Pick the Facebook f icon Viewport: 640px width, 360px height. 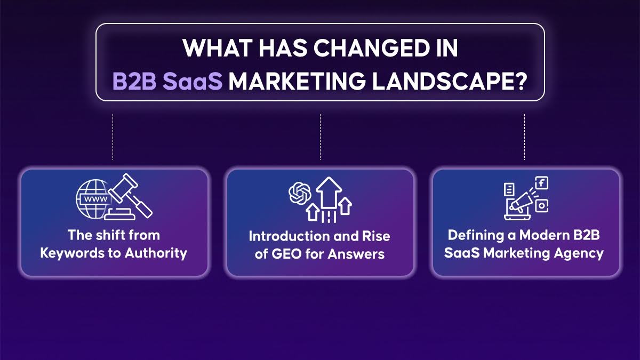542,183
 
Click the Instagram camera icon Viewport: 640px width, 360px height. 542,205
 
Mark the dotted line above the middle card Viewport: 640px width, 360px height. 320,137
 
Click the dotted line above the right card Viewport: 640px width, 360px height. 525,137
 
